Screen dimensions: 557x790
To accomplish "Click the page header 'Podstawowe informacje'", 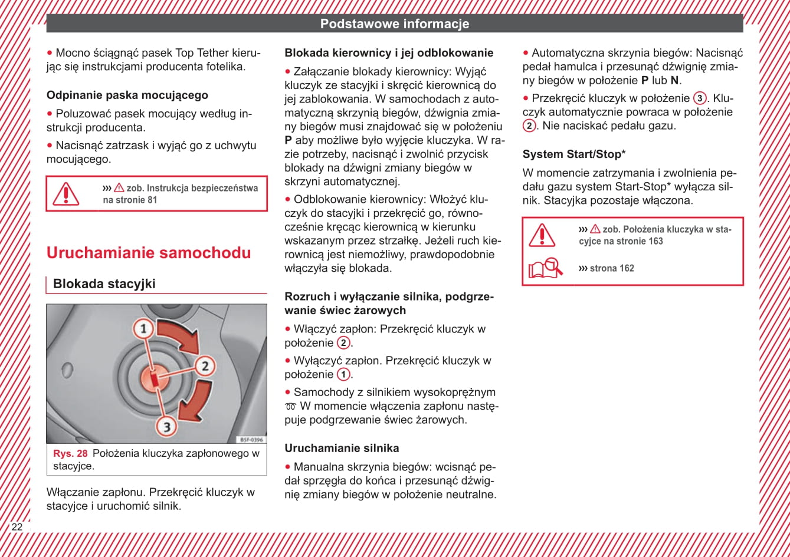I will click(x=394, y=24).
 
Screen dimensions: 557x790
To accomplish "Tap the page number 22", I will click(x=17, y=527).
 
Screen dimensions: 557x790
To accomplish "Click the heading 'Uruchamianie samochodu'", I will click(x=149, y=253).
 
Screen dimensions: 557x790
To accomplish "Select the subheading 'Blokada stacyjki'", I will click(x=104, y=284).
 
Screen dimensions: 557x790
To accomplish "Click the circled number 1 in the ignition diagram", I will click(x=142, y=328).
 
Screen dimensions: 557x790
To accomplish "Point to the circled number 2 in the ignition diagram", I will click(x=205, y=366).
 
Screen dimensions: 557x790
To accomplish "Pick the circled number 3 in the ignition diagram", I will click(x=167, y=426).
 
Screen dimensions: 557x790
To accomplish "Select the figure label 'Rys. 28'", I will click(x=70, y=453).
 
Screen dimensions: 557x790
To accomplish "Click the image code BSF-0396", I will click(x=251, y=440).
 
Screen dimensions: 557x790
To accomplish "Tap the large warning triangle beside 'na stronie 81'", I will click(x=65, y=194).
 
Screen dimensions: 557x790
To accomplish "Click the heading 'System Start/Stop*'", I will click(x=574, y=154).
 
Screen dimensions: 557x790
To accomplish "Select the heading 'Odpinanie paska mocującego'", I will click(x=127, y=95).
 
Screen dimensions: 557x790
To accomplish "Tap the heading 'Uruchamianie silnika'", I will click(x=342, y=448).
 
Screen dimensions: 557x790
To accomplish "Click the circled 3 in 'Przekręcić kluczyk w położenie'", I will click(x=700, y=98).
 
